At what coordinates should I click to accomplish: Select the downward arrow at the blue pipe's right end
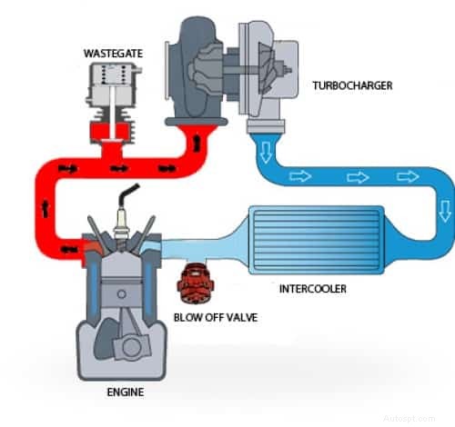click(444, 212)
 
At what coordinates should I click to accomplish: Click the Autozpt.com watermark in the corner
click(428, 420)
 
